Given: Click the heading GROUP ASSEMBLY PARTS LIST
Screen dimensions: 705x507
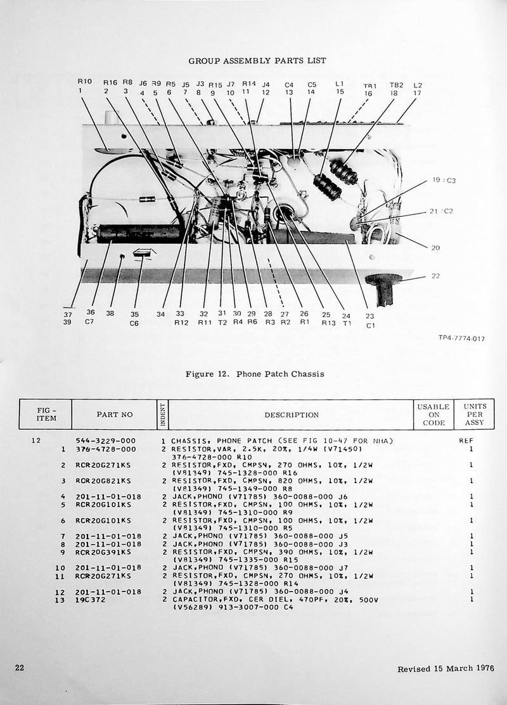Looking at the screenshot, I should pos(257,61).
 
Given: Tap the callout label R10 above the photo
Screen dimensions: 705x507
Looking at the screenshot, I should pos(84,82).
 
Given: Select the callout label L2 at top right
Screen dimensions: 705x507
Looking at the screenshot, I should pos(417,85).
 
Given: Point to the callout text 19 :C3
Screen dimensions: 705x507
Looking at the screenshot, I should pos(444,181).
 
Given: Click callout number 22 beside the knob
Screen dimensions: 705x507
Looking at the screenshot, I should pos(435,276).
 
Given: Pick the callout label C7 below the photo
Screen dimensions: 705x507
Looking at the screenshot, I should pos(91,322).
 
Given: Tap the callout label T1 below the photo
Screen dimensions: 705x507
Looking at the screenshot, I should pos(346,323).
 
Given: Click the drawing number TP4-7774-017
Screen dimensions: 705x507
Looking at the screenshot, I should pos(461,339).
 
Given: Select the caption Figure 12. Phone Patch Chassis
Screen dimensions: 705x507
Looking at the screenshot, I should pos(254,374).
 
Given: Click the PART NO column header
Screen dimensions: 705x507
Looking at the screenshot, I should pos(115,415).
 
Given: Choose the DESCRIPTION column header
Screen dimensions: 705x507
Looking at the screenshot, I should pos(292,415).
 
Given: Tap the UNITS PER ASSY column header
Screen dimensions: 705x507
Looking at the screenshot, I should pos(475,415).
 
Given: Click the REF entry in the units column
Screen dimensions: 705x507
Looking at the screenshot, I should pos(466,441).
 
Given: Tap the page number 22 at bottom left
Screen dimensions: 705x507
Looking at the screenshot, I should pos(20,668).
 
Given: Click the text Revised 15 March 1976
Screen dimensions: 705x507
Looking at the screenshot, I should pos(446,669).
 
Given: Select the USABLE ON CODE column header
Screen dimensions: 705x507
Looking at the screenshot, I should pos(433,415).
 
